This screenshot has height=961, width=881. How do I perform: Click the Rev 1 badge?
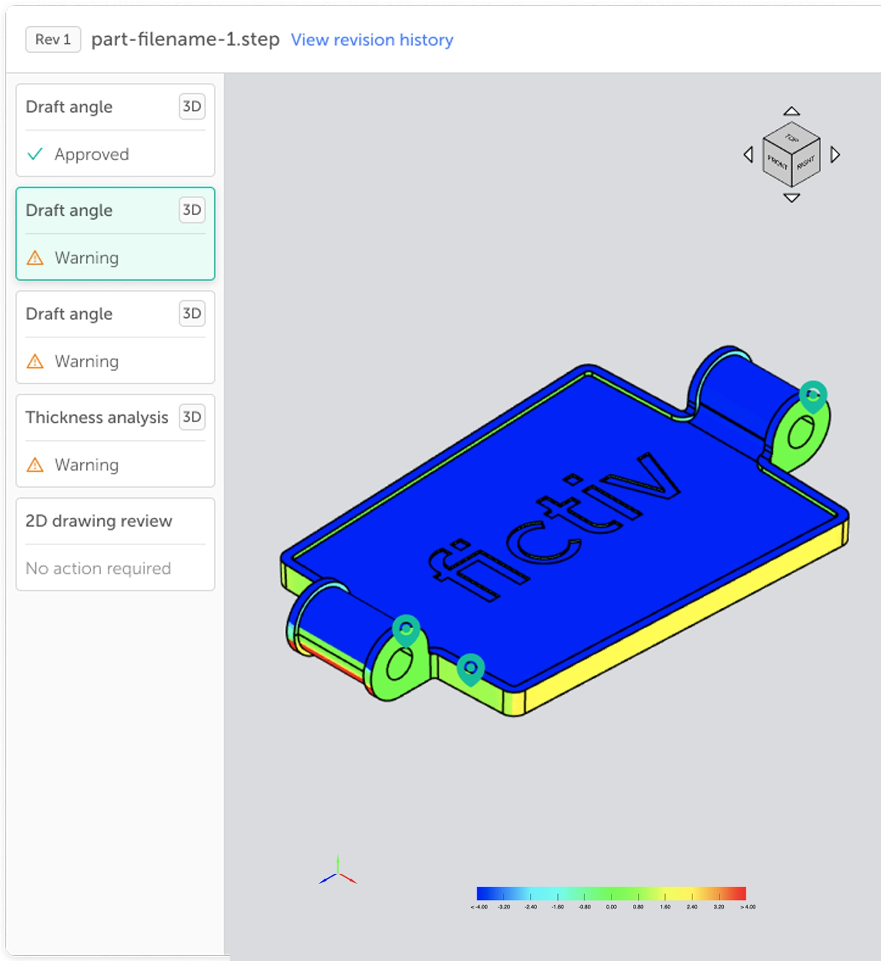point(53,39)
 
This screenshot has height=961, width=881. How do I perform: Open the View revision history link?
point(372,40)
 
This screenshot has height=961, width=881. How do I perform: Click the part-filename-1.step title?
point(185,39)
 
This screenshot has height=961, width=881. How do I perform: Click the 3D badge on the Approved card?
point(191,106)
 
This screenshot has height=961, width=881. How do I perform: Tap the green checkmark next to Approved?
point(35,154)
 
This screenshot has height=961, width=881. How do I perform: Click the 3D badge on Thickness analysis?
point(191,417)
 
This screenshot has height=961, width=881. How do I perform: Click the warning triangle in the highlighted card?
point(35,258)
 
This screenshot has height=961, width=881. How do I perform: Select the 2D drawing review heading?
point(99,521)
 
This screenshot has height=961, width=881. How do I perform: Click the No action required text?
point(98,568)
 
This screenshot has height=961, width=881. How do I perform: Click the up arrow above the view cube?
point(791,112)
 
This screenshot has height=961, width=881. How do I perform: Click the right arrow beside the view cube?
point(835,155)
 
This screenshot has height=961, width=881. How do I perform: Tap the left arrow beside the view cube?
point(749,155)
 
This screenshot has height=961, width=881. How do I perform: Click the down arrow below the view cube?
point(791,198)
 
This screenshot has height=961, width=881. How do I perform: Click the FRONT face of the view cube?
point(777,163)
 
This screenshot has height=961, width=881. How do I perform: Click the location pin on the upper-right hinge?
point(813,395)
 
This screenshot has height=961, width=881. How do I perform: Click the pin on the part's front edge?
point(470,668)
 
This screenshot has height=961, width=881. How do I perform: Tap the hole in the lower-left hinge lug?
point(399,664)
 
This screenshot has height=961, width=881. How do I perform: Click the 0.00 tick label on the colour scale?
point(611,906)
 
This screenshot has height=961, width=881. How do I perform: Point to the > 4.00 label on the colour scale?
point(748,906)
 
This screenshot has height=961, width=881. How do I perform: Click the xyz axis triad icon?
point(338,874)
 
